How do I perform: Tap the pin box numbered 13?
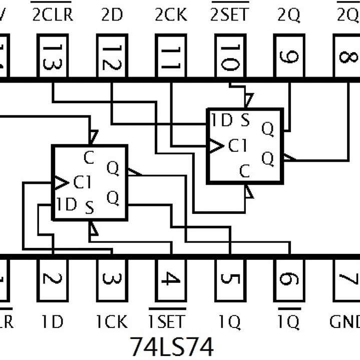click(x=53, y=56)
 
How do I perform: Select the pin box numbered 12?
click(x=111, y=56)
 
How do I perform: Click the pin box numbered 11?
click(x=170, y=56)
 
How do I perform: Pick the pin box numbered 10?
click(x=229, y=56)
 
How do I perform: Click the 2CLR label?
click(x=53, y=15)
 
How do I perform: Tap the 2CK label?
click(x=171, y=15)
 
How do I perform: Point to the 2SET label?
click(x=229, y=15)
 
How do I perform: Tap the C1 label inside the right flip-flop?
click(x=238, y=146)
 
